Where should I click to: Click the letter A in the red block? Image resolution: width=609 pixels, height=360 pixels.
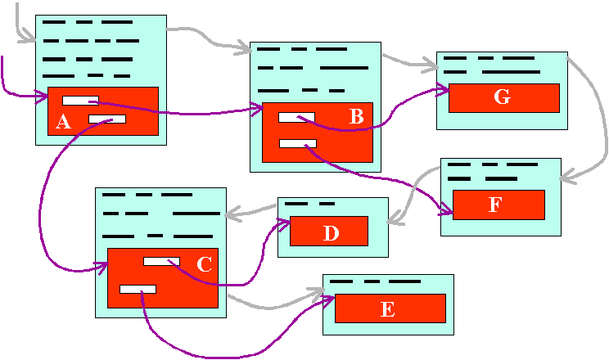coord(63,122)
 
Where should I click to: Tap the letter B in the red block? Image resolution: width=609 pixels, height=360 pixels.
coord(357,116)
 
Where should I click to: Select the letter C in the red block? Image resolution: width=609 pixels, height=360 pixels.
coord(205,264)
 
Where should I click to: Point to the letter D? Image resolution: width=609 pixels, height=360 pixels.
coord(331,233)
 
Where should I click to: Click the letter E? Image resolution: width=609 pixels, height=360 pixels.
coord(387,309)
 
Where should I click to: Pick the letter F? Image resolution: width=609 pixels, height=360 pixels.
coord(494,205)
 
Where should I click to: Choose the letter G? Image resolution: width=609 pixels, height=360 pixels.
coord(502,97)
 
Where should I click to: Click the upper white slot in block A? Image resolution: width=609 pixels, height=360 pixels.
coord(80,101)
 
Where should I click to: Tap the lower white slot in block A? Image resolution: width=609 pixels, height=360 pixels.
coord(107,119)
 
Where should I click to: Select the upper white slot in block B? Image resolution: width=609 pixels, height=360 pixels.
coord(296,117)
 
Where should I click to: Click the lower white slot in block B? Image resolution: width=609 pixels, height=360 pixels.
coord(298,144)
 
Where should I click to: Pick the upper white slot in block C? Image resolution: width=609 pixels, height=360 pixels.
coord(161,261)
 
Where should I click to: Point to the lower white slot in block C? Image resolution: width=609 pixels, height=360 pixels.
coord(138,290)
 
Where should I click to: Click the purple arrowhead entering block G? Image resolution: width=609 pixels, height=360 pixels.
coord(444,90)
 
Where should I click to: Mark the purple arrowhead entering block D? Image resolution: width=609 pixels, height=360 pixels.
coord(284,223)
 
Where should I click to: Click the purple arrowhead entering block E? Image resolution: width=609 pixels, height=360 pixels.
coord(328,300)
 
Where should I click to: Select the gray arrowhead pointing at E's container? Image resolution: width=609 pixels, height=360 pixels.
coord(317,292)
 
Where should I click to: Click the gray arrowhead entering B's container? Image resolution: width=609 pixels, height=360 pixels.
coord(244,47)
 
